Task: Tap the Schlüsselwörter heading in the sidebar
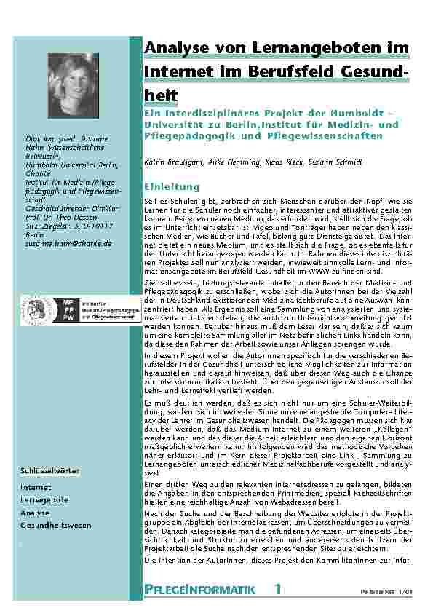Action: pos(50,471)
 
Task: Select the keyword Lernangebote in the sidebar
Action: pos(44,500)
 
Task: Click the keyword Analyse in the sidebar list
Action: pos(35,513)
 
